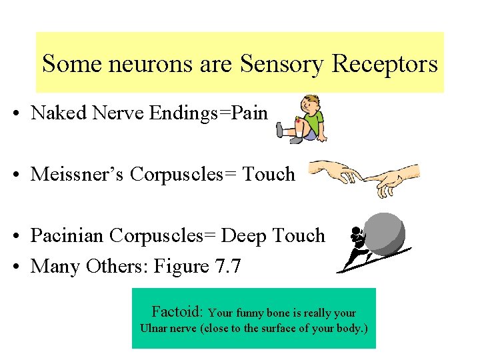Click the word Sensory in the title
[x=281, y=64]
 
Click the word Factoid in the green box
[x=177, y=312]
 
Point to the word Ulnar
[x=154, y=328]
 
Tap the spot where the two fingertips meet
[x=361, y=177]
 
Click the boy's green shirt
[x=315, y=122]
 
